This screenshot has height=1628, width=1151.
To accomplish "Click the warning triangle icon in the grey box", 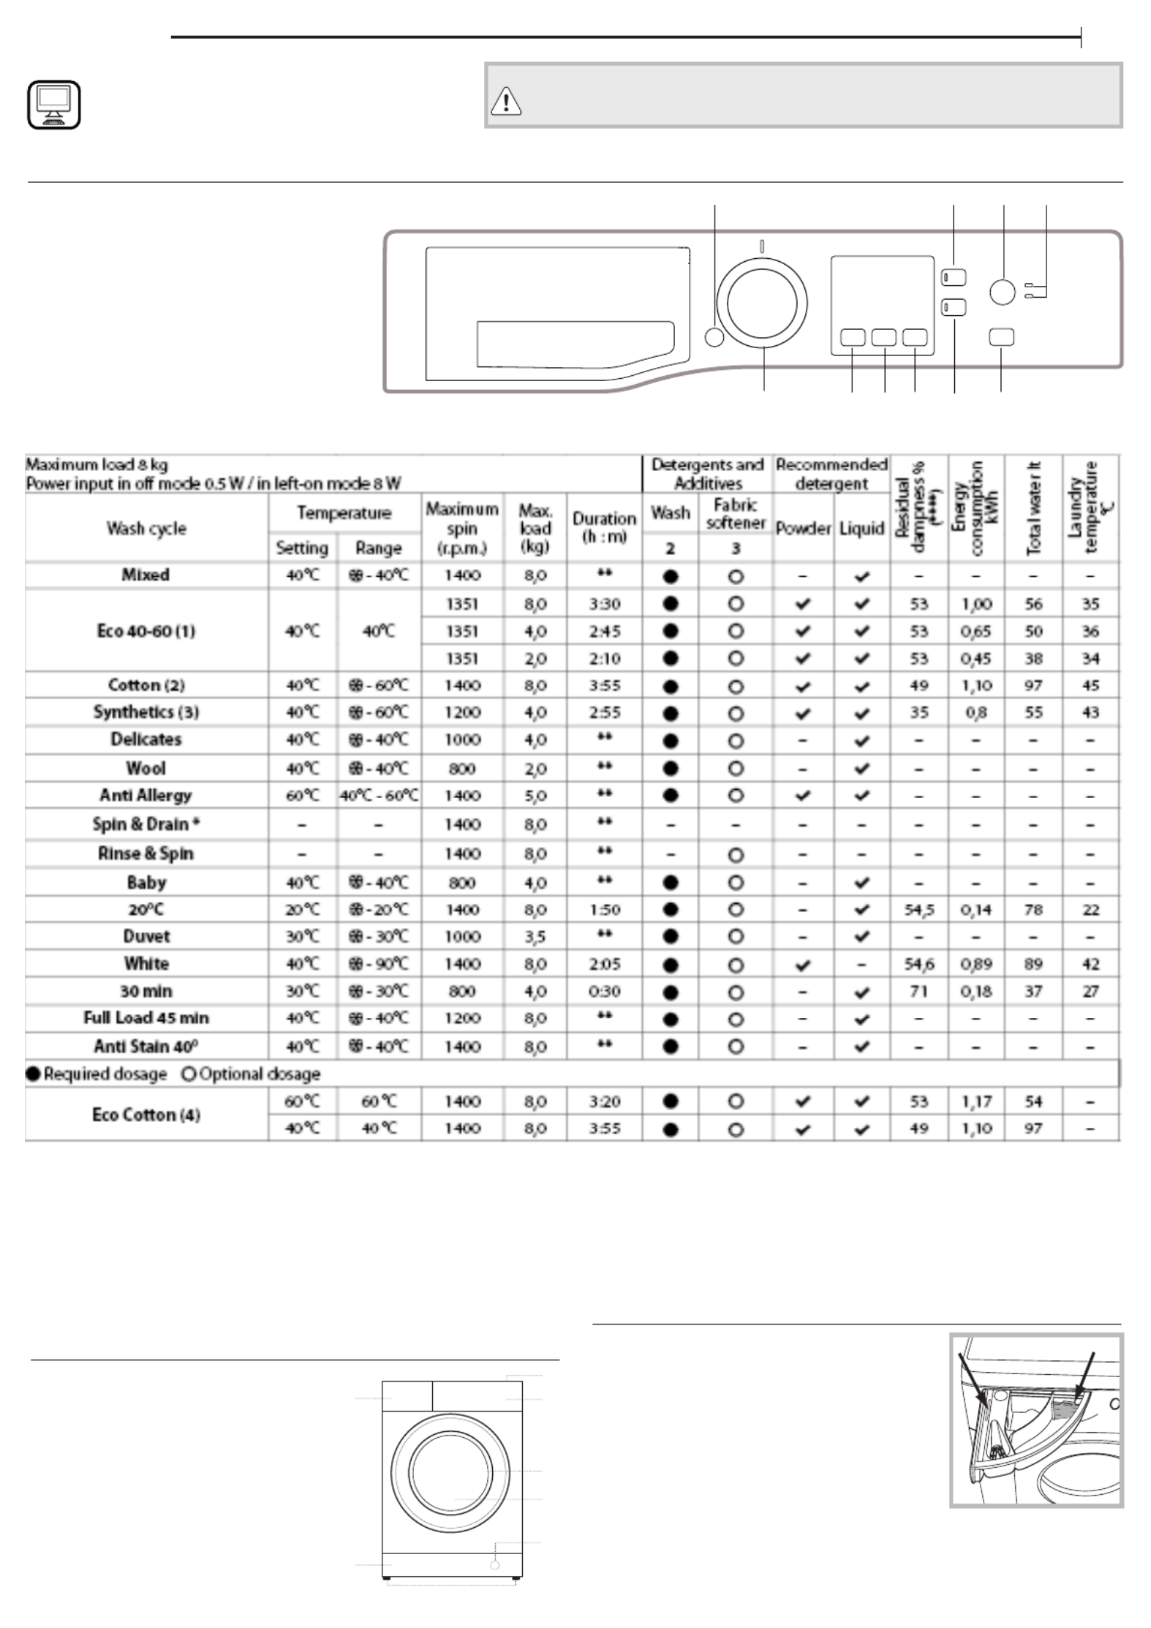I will (506, 101).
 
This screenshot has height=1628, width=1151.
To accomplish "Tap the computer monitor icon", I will (54, 105).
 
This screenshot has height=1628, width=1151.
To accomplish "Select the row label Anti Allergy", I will (146, 795).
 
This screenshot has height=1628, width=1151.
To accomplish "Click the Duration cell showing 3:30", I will (604, 604).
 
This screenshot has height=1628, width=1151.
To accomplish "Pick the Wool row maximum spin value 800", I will (462, 769).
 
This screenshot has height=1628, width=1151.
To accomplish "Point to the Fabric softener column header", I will (736, 513).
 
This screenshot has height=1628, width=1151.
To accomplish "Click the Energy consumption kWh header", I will (975, 508).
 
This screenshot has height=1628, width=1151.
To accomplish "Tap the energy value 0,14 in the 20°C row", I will (975, 910).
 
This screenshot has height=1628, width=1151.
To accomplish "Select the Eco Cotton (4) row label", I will (146, 1115).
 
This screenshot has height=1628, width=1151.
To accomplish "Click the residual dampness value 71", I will (918, 992).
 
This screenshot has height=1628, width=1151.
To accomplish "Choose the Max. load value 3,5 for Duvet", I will (535, 937).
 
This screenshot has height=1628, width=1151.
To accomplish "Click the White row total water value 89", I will (1033, 964).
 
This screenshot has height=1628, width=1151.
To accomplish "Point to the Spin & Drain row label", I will (146, 824).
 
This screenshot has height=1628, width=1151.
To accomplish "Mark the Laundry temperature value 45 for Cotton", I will (1090, 685).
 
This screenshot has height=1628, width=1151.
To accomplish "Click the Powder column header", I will (803, 528).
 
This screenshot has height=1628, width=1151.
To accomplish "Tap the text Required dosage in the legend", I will (105, 1074).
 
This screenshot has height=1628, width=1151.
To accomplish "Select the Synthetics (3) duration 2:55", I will (604, 712).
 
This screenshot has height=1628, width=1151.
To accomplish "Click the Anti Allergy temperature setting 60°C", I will (302, 795).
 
